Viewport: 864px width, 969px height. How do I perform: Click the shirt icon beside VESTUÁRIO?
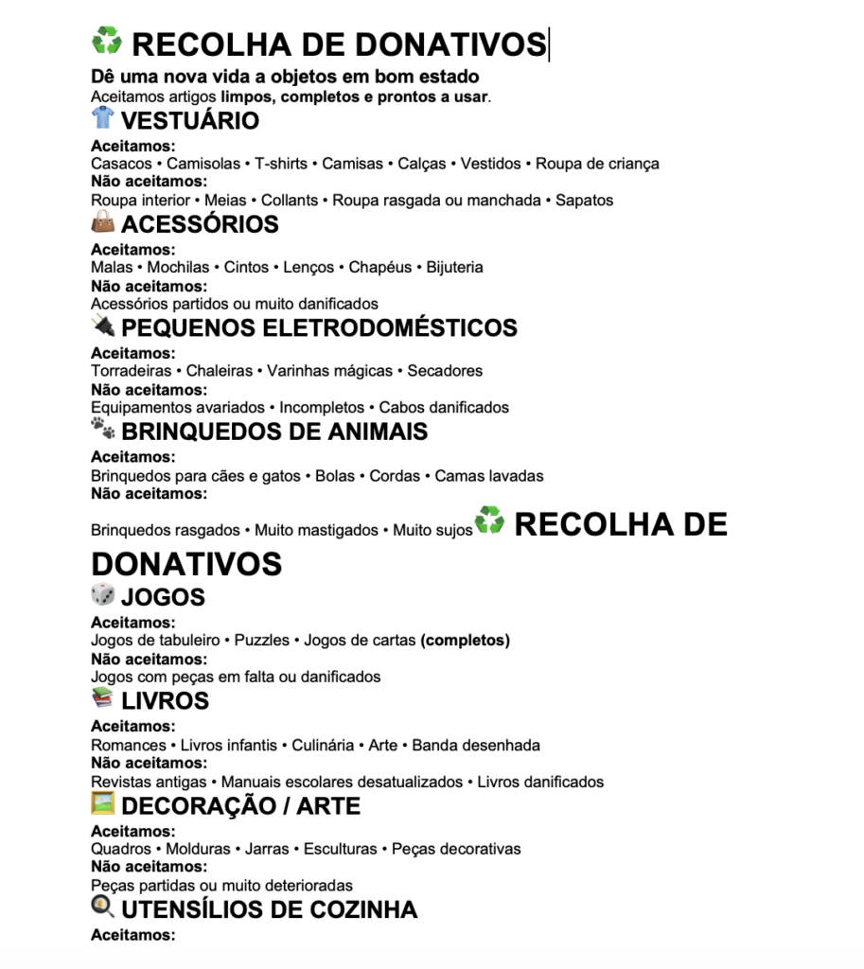click(102, 118)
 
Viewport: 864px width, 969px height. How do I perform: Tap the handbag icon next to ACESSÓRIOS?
click(102, 222)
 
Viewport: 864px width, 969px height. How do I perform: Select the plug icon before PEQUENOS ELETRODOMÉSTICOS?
click(102, 326)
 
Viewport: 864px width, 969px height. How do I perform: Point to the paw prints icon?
click(102, 430)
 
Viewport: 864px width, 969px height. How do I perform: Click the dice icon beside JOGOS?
click(102, 595)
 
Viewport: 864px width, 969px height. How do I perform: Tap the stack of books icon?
click(102, 699)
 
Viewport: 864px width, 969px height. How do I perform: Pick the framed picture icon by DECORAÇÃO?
click(102, 803)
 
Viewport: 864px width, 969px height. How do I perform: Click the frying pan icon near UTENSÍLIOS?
click(102, 907)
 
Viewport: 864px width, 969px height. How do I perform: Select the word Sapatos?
click(584, 201)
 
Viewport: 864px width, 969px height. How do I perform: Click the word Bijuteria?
click(454, 268)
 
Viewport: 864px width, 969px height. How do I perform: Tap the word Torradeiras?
click(131, 371)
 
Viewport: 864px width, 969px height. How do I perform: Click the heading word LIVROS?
click(165, 701)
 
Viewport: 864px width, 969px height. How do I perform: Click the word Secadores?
click(445, 371)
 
